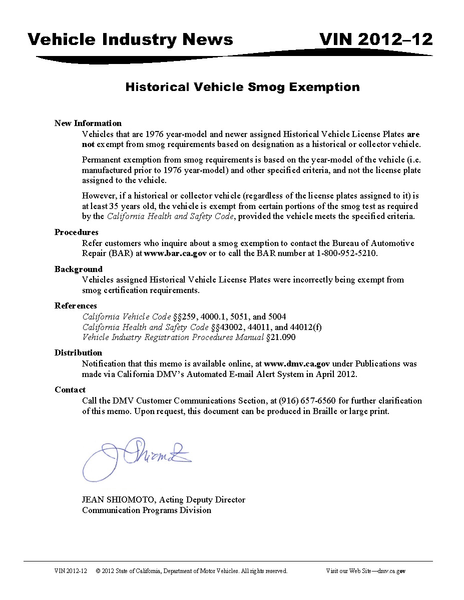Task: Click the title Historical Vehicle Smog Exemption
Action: pyautogui.click(x=242, y=87)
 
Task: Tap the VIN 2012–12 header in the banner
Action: pyautogui.click(x=376, y=39)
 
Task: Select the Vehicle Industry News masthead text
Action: pyautogui.click(x=130, y=39)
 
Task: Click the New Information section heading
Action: pyautogui.click(x=88, y=123)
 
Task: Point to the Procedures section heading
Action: pyautogui.click(x=77, y=232)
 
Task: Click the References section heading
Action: pyautogui.click(x=76, y=305)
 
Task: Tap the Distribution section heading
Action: pyautogui.click(x=78, y=352)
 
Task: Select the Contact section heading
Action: pyautogui.click(x=70, y=389)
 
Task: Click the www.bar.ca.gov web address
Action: pyautogui.click(x=175, y=253)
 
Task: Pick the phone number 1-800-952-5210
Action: pyautogui.click(x=346, y=253)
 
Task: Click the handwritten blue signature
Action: pyautogui.click(x=135, y=456)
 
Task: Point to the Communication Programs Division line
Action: pyautogui.click(x=147, y=510)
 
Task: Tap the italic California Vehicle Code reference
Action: pyautogui.click(x=127, y=316)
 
